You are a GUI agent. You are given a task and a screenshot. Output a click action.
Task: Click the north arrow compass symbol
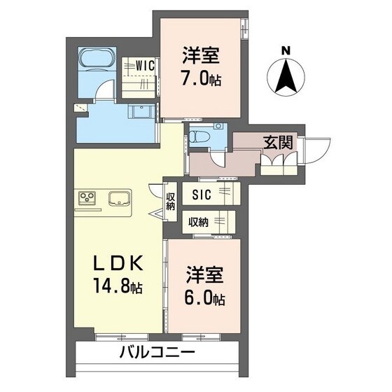click(285, 78)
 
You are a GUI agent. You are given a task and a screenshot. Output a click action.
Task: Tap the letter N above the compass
click(285, 50)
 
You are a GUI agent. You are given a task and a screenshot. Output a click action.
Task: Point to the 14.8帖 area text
click(118, 286)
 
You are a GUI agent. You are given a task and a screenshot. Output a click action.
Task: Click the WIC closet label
click(145, 64)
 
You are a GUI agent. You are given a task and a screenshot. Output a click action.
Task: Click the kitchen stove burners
click(89, 197)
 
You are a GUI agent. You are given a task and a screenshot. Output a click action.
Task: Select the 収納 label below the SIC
click(199, 223)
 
